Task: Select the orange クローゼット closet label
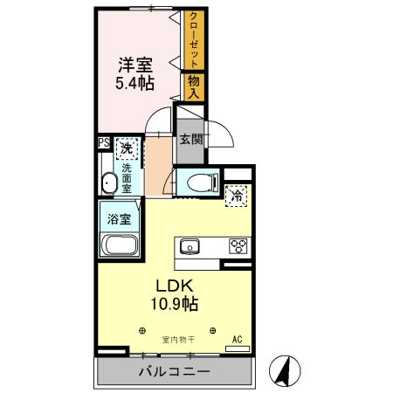pyautogui.click(x=193, y=40)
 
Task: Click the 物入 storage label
pyautogui.click(x=193, y=86)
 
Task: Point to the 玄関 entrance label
pyautogui.click(x=191, y=138)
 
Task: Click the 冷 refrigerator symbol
pyautogui.click(x=237, y=196)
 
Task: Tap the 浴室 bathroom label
pyautogui.click(x=120, y=216)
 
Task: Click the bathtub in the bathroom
pyautogui.click(x=119, y=245)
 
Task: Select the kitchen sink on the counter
pyautogui.click(x=190, y=245)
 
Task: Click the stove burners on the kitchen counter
pyautogui.click(x=238, y=245)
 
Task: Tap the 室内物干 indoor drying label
pyautogui.click(x=176, y=339)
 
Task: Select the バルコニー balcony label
pyautogui.click(x=174, y=373)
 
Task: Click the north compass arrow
pyautogui.click(x=282, y=369)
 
